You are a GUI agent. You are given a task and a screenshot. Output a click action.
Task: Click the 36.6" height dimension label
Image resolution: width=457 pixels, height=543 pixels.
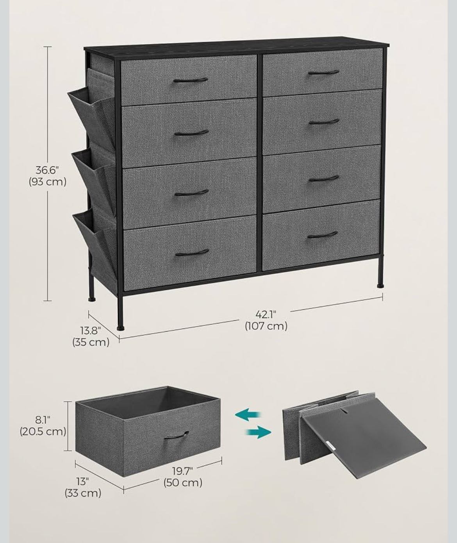[47, 170]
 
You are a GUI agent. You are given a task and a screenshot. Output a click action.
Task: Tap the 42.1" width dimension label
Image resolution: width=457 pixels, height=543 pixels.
[266, 314]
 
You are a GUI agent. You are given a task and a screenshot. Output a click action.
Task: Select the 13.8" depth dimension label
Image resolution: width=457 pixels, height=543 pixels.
[91, 331]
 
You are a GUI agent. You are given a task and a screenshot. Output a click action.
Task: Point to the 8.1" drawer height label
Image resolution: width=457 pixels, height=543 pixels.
[43, 420]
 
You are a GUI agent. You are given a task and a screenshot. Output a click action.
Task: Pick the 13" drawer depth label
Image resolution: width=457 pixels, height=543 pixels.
[83, 482]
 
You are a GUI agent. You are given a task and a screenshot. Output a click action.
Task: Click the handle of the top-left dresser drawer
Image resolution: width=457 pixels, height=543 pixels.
[191, 80]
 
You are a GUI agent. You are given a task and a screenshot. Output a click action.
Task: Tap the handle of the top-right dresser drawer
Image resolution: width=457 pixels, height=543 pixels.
[323, 72]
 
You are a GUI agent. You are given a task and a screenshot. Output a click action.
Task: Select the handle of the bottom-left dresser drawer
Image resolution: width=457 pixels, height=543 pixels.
[192, 252]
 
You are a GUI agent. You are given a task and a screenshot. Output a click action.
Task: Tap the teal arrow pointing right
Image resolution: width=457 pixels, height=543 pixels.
[258, 432]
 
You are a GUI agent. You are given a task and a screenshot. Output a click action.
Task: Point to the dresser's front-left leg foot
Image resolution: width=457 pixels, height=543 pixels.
[120, 328]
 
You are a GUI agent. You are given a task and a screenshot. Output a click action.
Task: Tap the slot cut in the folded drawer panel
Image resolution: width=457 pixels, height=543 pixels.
[345, 411]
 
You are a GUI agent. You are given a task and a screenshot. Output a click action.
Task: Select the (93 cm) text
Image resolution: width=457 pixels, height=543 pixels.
[48, 182]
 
